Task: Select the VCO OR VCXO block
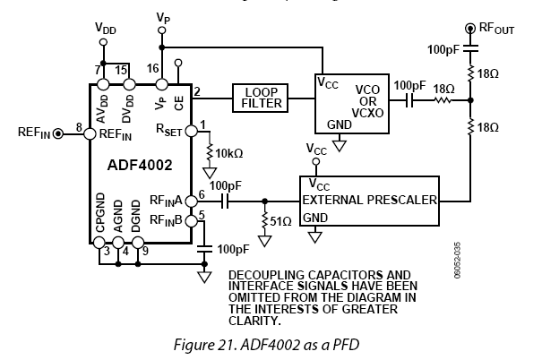[x=350, y=104]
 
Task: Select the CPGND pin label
[x=101, y=229]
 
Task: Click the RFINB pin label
[x=168, y=220]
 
